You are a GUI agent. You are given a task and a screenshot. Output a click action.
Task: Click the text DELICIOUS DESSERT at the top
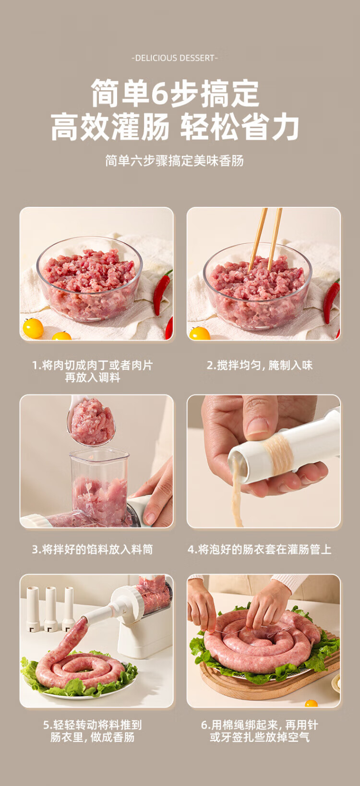175,58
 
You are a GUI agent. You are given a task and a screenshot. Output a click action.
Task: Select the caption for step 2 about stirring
260,365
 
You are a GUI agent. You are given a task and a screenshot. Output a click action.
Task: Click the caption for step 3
93,549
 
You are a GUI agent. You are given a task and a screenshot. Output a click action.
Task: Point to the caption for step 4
260,549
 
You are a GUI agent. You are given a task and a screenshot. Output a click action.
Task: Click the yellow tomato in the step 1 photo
33,328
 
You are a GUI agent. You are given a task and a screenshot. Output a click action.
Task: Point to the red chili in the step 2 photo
331,301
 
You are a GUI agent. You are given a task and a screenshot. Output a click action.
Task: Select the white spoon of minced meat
91,421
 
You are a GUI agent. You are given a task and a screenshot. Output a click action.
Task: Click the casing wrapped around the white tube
279,456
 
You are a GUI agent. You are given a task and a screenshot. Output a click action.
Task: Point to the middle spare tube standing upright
51,609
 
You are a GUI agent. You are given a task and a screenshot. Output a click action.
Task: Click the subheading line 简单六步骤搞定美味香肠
174,161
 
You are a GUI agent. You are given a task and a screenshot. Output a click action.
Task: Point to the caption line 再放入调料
93,377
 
